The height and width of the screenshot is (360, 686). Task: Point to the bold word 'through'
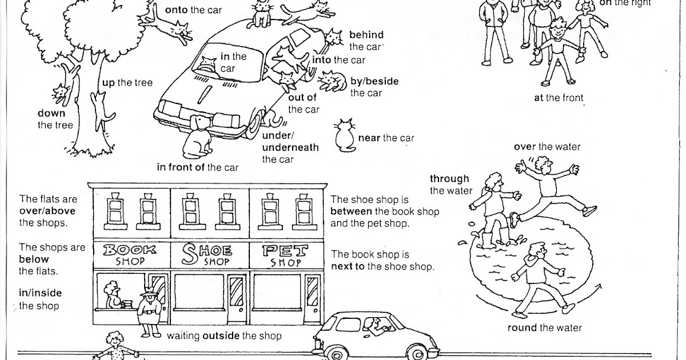[x=449, y=179]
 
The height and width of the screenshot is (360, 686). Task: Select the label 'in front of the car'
[x=197, y=167]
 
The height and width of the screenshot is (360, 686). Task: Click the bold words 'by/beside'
[x=374, y=82]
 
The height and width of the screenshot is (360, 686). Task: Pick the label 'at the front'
[x=559, y=98]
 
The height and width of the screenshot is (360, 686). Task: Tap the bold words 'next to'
[x=349, y=266]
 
